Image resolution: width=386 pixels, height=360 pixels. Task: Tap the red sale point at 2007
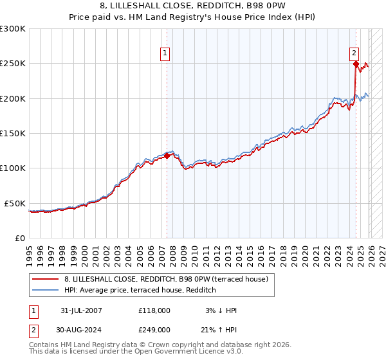tap(167, 155)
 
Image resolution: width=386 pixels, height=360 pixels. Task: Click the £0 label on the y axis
tap(19, 238)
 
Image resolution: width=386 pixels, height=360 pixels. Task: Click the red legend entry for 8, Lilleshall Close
tap(170, 278)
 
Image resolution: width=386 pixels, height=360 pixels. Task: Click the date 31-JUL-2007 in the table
tap(80, 310)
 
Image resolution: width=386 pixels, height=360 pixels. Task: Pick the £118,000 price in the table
tap(154, 310)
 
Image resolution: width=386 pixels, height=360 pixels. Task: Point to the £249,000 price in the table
tap(154, 330)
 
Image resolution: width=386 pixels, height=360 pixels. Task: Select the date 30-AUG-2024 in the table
tap(80, 330)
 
